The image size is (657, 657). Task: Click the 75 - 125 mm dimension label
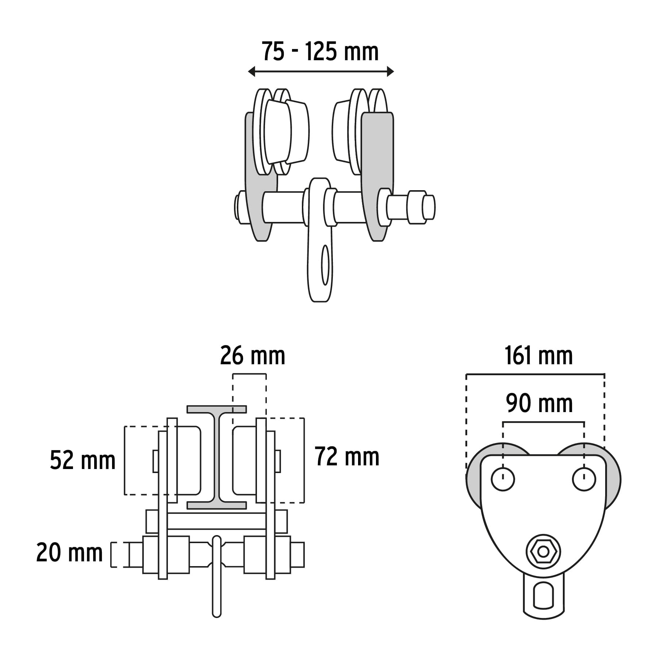point(320,52)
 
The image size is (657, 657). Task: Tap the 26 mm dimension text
point(253,356)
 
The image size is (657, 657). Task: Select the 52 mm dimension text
point(83,460)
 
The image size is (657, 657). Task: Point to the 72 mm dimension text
point(347,457)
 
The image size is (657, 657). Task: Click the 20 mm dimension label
point(69,553)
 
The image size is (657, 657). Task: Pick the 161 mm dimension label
point(538,356)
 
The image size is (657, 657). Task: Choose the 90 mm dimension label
point(539,404)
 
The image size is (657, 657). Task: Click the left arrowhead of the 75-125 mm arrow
point(251,72)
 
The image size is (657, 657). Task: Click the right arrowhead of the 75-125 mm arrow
point(391,72)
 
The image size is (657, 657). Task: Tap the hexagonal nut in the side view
point(543,552)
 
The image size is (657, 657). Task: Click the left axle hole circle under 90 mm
point(503,479)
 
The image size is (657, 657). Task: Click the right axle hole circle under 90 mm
point(584,479)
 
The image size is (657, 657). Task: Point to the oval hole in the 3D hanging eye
point(325,265)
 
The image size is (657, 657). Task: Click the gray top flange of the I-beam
point(216,409)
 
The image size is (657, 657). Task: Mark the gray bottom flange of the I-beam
point(216,505)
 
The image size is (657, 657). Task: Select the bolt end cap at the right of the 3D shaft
point(429,207)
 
